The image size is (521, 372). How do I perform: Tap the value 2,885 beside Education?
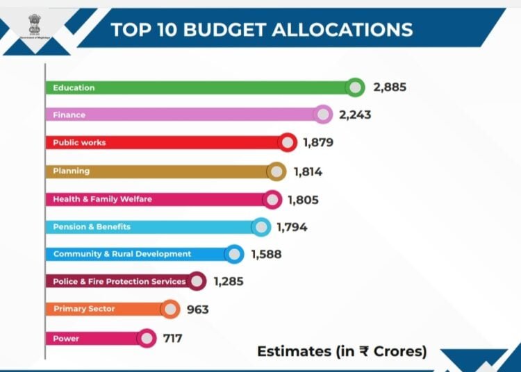(x=389, y=87)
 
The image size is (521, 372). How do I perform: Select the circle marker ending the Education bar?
(x=356, y=87)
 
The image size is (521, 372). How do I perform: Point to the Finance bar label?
(x=69, y=115)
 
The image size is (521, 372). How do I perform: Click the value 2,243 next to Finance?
(x=355, y=115)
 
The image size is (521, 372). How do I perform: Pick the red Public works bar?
(x=167, y=143)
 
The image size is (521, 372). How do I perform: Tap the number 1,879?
(x=318, y=143)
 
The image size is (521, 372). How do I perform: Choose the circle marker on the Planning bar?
(x=276, y=171)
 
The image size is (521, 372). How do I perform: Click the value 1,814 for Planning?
(x=307, y=171)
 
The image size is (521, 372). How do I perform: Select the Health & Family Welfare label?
(x=102, y=199)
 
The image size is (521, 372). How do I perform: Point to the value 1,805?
(x=303, y=200)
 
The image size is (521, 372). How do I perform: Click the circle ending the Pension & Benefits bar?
(x=260, y=227)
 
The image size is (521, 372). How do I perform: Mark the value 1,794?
(x=292, y=227)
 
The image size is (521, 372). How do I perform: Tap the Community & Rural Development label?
(x=122, y=254)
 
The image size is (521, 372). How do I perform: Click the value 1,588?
(x=265, y=255)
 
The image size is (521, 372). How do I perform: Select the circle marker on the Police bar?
(x=197, y=281)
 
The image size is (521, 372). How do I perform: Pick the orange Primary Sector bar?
(x=104, y=309)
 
